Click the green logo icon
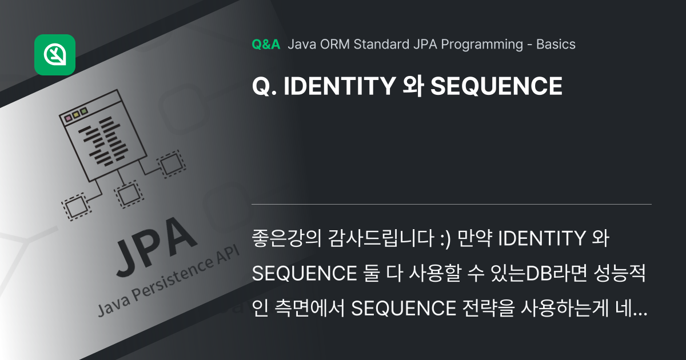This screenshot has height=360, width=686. pyautogui.click(x=55, y=55)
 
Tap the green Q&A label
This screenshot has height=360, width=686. pyautogui.click(x=266, y=45)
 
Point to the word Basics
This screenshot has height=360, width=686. pyautogui.click(x=556, y=45)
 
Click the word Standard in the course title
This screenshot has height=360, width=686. pyautogui.click(x=381, y=45)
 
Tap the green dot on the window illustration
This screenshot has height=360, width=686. pyautogui.click(x=84, y=111)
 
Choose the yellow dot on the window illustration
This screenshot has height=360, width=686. pyautogui.click(x=76, y=114)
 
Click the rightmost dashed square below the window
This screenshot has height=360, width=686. pyautogui.click(x=170, y=163)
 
